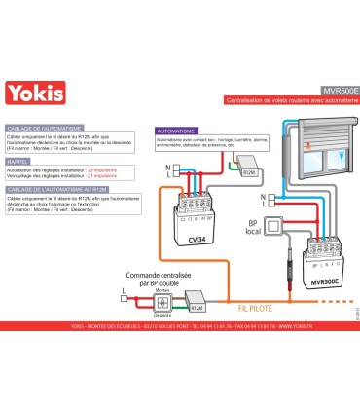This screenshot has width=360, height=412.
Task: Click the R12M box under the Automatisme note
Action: coord(248,171)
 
